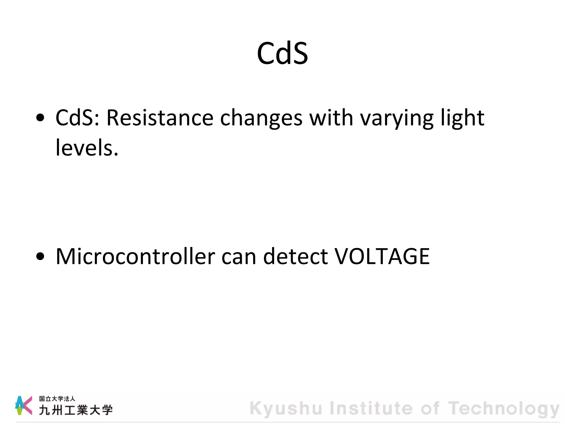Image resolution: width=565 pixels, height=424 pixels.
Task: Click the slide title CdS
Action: click(x=282, y=53)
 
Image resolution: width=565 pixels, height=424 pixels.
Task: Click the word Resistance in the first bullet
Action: click(x=160, y=118)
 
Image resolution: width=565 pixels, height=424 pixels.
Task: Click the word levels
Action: click(x=87, y=148)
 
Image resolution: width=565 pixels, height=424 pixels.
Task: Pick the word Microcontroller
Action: click(x=135, y=256)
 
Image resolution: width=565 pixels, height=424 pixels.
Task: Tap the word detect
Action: click(x=295, y=256)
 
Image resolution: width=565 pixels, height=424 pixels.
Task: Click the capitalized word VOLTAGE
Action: click(x=382, y=256)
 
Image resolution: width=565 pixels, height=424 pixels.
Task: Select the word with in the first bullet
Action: click(x=331, y=118)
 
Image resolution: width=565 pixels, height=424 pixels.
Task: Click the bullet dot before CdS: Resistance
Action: click(x=40, y=118)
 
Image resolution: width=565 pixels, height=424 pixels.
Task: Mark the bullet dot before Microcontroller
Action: click(x=40, y=256)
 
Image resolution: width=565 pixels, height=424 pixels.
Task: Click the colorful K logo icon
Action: click(x=23, y=405)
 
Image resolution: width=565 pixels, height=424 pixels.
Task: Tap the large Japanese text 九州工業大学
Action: click(x=76, y=410)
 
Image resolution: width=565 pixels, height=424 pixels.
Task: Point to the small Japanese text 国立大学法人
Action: click(x=57, y=399)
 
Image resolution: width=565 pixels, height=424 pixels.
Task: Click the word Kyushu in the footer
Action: click(x=286, y=409)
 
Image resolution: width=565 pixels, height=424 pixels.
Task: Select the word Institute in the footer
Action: click(x=371, y=408)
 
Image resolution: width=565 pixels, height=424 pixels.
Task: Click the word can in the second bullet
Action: click(x=239, y=257)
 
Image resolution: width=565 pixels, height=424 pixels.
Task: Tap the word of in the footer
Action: click(x=430, y=408)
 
